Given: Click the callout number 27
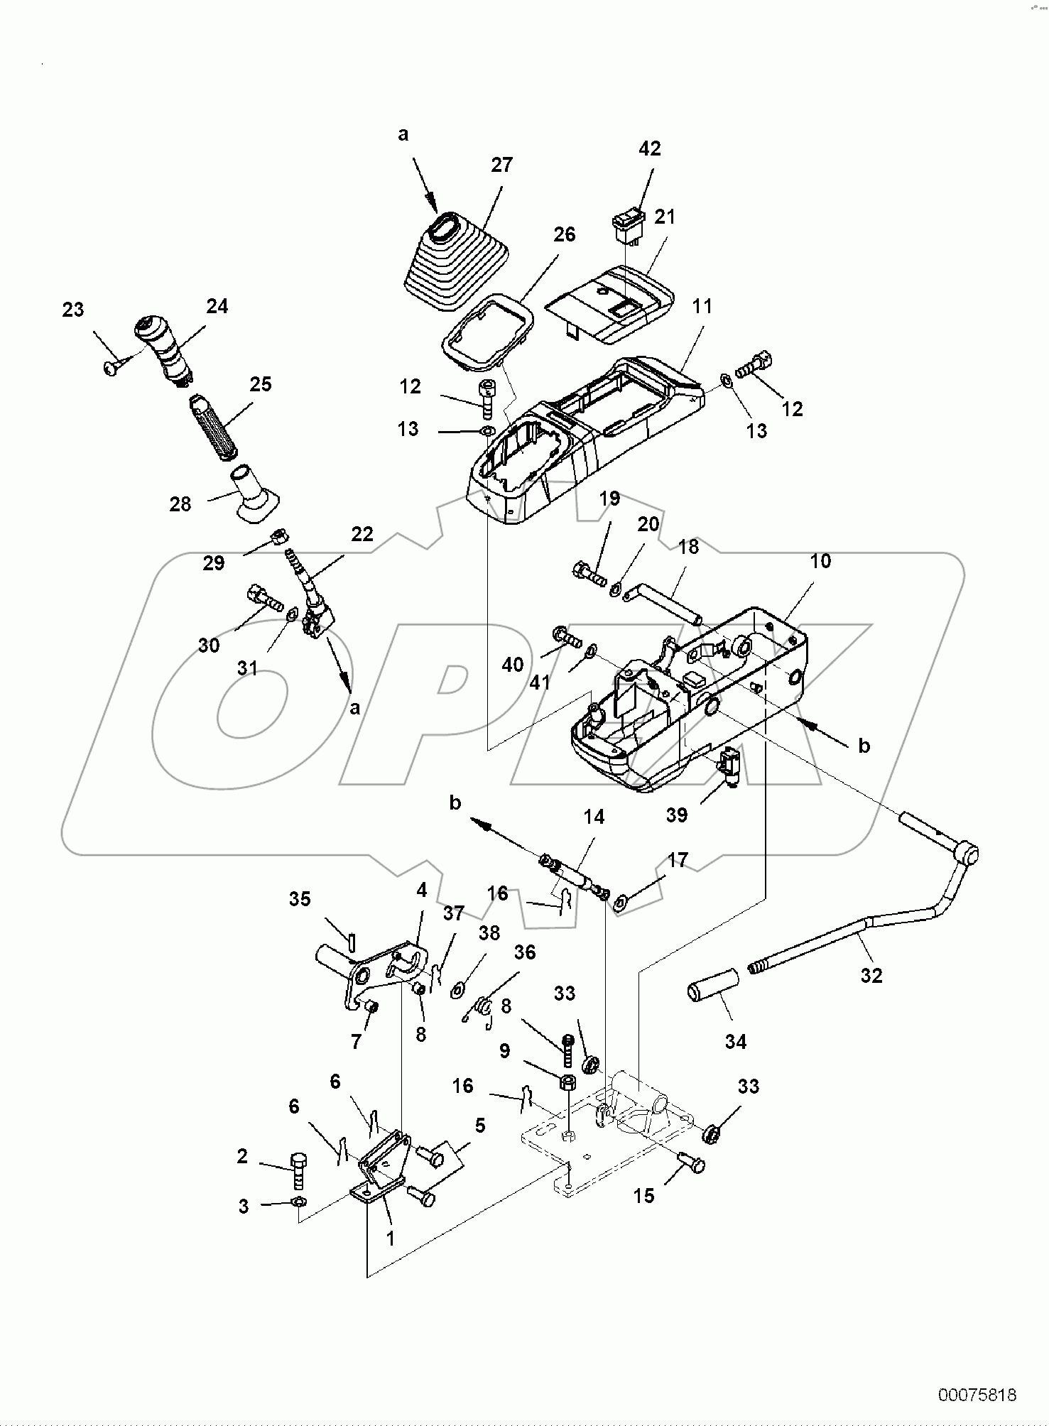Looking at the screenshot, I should [501, 165].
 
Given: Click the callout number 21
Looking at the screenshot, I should [665, 217].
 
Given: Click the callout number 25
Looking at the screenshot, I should [261, 384].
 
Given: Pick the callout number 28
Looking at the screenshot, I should [180, 504].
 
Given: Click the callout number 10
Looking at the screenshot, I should [820, 561].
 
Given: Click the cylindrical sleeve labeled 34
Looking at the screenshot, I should [712, 990].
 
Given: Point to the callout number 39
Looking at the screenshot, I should [677, 815].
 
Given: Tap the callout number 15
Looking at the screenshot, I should [643, 1196].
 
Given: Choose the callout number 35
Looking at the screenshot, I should [300, 899].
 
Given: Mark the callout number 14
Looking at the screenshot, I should [594, 817].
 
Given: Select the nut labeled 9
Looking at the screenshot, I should [568, 1083].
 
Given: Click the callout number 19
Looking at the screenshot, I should [609, 499].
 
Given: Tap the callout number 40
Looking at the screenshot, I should [513, 665].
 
